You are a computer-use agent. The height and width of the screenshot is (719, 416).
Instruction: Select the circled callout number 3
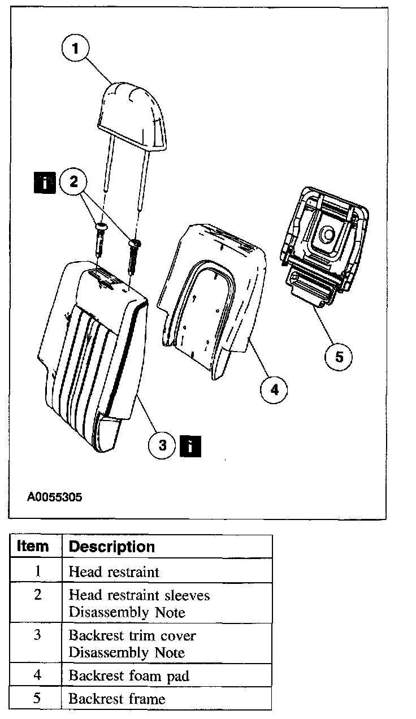163,445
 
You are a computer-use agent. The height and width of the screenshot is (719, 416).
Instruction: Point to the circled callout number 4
274,389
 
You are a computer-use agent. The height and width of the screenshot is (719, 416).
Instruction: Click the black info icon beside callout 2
45,182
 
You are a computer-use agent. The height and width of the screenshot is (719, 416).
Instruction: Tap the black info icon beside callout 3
190,445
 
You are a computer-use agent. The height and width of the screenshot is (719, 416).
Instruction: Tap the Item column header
33,547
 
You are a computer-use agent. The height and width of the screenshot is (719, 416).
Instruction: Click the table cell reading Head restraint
114,571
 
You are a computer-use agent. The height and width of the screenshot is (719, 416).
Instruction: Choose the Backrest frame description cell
117,699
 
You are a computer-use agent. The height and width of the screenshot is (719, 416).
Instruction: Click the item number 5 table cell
37,699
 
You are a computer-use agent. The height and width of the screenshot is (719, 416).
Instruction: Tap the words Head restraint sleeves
139,595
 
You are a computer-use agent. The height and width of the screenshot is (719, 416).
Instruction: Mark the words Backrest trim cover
132,635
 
